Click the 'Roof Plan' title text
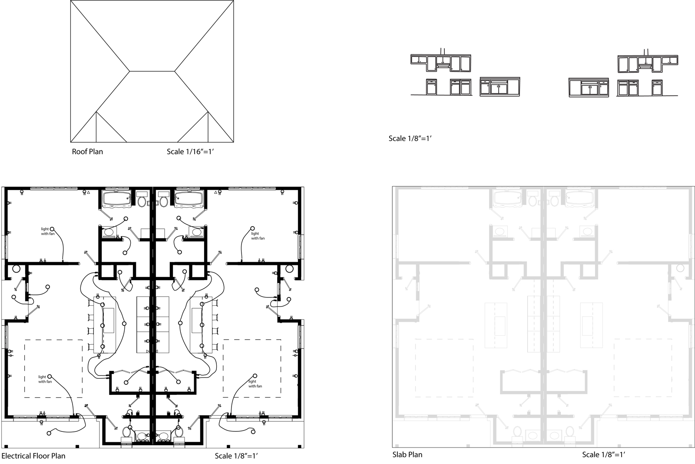87,152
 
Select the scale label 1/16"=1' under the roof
191,152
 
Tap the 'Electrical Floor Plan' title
33,456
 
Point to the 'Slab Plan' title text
407,455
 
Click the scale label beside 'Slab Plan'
603,455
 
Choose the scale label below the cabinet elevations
410,139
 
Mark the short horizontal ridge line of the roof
152,71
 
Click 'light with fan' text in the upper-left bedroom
48,231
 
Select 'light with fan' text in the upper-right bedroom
258,236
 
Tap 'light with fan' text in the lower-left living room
45,379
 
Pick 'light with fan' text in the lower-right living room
255,384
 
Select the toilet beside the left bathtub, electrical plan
142,200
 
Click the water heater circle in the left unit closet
16,269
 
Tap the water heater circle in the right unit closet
289,269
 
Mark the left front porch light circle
49,433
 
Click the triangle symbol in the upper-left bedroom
89,193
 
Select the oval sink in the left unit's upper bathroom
109,232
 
